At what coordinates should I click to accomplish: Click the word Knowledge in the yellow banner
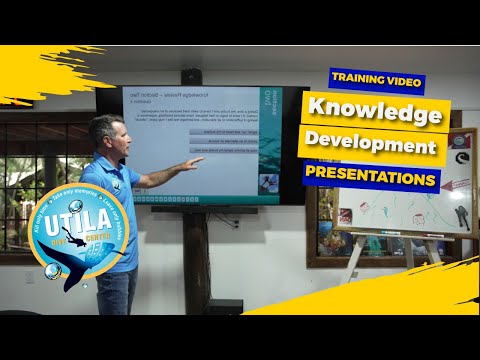pyautogui.click(x=375, y=114)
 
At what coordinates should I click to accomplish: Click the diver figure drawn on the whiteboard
pyautogui.click(x=461, y=216)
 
